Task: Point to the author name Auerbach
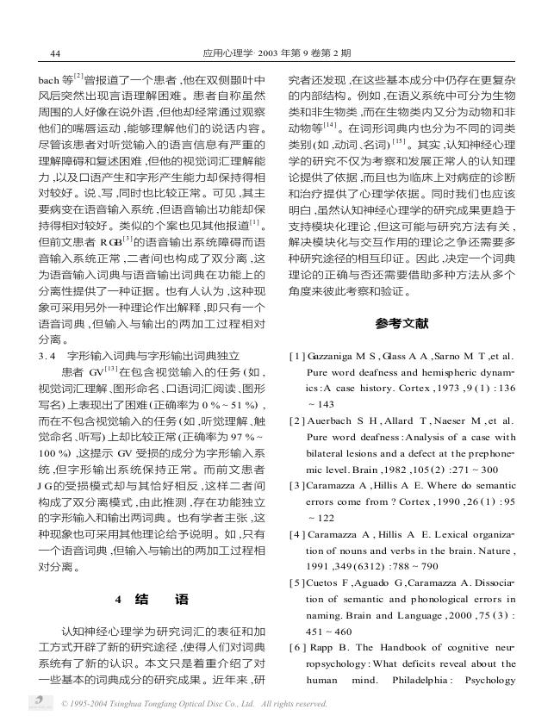[330, 420]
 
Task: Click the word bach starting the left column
[52, 80]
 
